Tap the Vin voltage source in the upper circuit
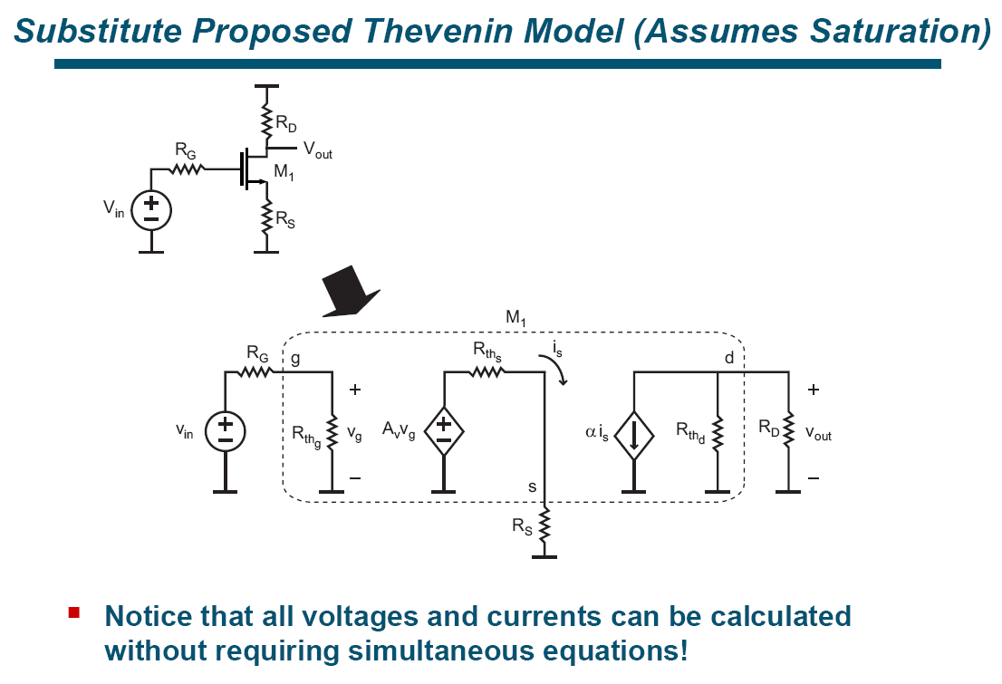(151, 211)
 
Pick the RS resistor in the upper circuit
(266, 217)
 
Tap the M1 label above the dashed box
(517, 319)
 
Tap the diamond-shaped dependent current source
(633, 432)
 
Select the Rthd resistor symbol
(718, 432)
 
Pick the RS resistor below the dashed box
(544, 526)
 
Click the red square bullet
(74, 613)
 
